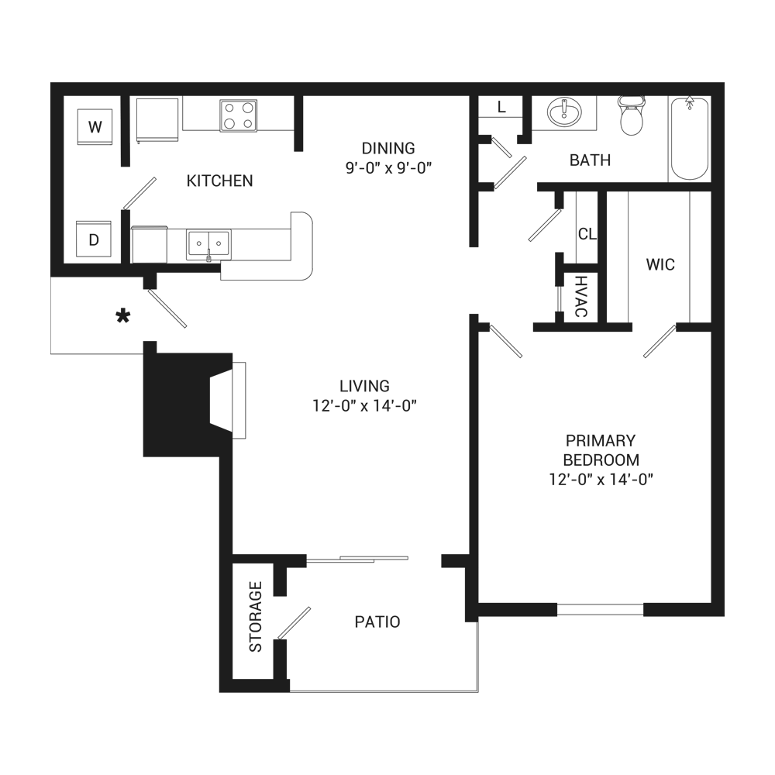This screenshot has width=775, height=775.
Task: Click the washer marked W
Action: point(95,126)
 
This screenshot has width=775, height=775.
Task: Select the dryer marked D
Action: point(94,239)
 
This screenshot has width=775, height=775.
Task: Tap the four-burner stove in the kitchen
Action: point(238,115)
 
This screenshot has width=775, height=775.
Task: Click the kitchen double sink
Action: point(208,245)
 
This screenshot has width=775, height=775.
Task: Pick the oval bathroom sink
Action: point(565,114)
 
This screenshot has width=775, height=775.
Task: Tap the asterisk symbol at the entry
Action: point(122,318)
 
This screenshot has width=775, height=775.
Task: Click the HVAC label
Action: point(580,297)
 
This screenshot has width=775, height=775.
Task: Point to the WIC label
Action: point(660,265)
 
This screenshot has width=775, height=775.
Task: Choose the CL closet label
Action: point(586,233)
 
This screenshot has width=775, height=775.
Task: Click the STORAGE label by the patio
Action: point(255,616)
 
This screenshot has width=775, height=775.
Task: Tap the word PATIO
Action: point(377,622)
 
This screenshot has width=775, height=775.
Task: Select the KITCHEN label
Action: point(219,181)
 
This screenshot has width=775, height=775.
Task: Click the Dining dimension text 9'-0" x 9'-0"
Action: point(388,166)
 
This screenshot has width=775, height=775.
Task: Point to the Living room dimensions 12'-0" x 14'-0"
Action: point(364,405)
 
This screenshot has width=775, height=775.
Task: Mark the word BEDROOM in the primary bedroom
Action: point(601,460)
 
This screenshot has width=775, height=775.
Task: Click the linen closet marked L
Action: point(501,108)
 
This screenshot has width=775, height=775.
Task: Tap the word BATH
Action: point(591,160)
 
